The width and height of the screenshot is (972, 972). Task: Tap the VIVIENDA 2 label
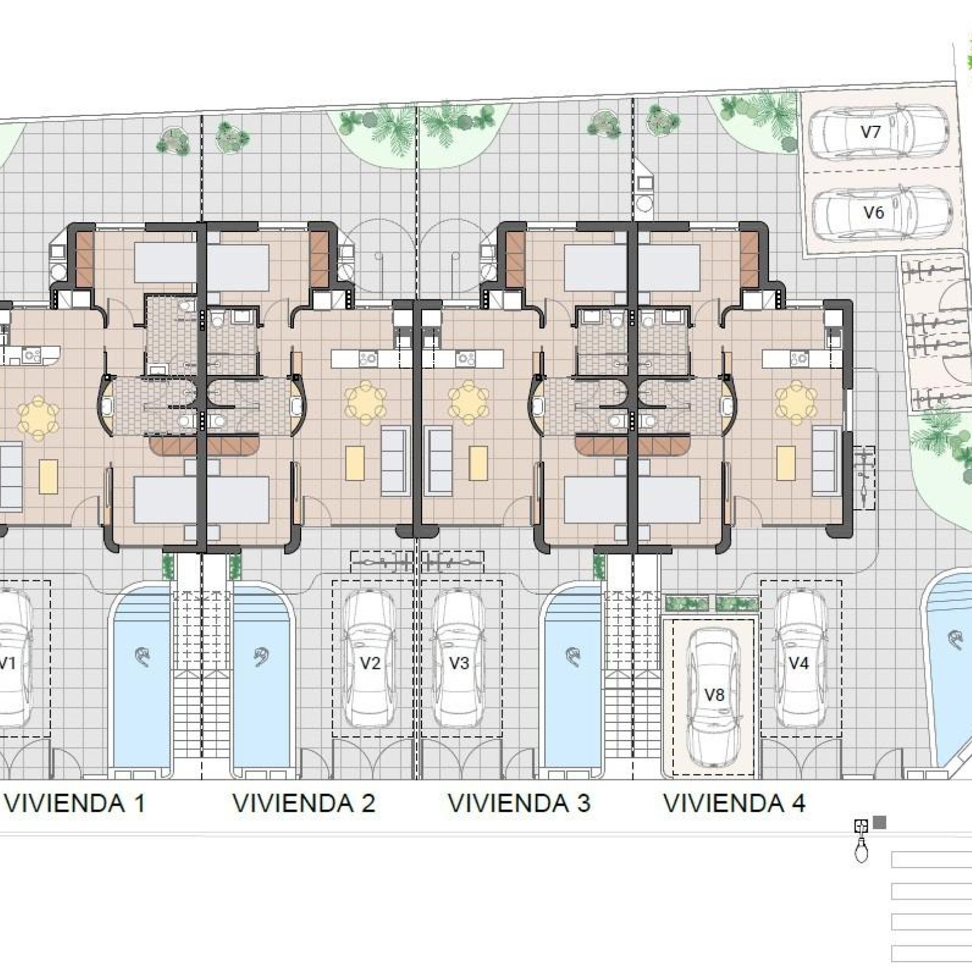tap(304, 803)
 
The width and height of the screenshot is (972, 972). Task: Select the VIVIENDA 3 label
tap(519, 803)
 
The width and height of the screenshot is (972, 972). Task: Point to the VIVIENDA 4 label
tap(734, 803)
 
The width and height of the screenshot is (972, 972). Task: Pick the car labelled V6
tap(880, 213)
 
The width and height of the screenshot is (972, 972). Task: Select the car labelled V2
tap(370, 662)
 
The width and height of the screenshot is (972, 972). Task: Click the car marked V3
tap(459, 662)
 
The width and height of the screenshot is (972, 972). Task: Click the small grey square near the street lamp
tap(879, 824)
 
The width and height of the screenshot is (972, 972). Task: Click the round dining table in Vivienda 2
tap(366, 402)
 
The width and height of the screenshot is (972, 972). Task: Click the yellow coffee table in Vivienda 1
tap(49, 477)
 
